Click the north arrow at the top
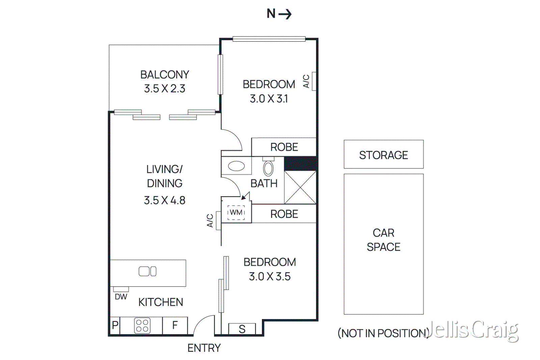[279, 14]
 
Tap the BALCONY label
[164, 75]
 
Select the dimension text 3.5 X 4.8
[164, 200]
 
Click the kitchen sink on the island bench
[147, 271]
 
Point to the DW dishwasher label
[121, 297]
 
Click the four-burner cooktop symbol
[142, 326]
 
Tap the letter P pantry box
[115, 326]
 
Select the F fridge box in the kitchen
[175, 326]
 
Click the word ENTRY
[204, 348]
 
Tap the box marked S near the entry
[242, 329]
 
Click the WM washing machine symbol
[236, 213]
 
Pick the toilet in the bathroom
[268, 168]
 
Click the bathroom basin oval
[236, 166]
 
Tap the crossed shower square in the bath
[300, 188]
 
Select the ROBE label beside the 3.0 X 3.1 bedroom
[284, 147]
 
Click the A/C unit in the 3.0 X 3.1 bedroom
[314, 81]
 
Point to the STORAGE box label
[383, 155]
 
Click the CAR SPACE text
[383, 240]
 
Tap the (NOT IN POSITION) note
[383, 333]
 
